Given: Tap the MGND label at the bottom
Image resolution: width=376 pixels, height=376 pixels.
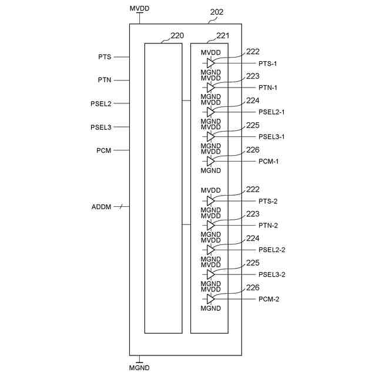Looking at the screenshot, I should [x=139, y=368].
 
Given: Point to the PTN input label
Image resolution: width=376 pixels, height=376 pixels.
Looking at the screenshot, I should [x=105, y=80].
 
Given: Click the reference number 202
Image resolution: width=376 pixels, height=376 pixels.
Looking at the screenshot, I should [x=216, y=12].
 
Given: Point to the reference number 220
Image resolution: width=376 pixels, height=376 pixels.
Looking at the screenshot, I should [x=177, y=35].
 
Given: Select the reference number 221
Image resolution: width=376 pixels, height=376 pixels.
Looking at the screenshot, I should [x=223, y=35].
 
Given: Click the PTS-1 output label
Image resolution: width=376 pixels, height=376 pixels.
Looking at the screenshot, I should [x=268, y=63].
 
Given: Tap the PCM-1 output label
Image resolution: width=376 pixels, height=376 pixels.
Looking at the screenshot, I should [x=268, y=161].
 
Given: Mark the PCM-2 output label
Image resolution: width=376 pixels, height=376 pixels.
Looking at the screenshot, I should [x=268, y=299].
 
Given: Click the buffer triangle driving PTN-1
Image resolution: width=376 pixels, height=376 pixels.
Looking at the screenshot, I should [x=211, y=88].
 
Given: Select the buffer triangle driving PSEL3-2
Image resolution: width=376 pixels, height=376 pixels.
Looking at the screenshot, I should [x=211, y=274].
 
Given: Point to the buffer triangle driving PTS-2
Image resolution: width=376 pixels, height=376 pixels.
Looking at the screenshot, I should [x=211, y=201].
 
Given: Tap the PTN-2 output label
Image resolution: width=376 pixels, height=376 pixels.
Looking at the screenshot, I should [x=268, y=226].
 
